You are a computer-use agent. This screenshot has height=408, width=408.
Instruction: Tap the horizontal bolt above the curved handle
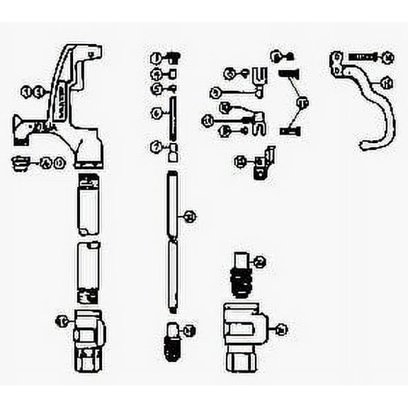pyautogui.click(x=363, y=56)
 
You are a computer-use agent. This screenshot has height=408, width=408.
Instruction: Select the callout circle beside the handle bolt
pyautogui.click(x=388, y=56)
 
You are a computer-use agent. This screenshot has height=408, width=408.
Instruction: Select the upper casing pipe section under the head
pyautogui.click(x=89, y=205)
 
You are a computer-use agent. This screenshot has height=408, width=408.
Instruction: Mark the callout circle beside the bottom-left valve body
pyautogui.click(x=61, y=321)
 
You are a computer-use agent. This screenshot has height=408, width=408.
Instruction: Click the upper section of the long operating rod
pyautogui.click(x=172, y=205)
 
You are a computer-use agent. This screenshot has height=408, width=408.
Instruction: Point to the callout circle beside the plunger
pyautogui.click(x=188, y=330)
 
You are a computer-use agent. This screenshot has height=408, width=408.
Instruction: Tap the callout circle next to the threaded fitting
pyautogui.click(x=259, y=263)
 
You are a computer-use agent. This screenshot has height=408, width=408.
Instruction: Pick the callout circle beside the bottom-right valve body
pyautogui.click(x=281, y=329)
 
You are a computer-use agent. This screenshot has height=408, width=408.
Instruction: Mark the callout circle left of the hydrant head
pyautogui.click(x=28, y=91)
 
